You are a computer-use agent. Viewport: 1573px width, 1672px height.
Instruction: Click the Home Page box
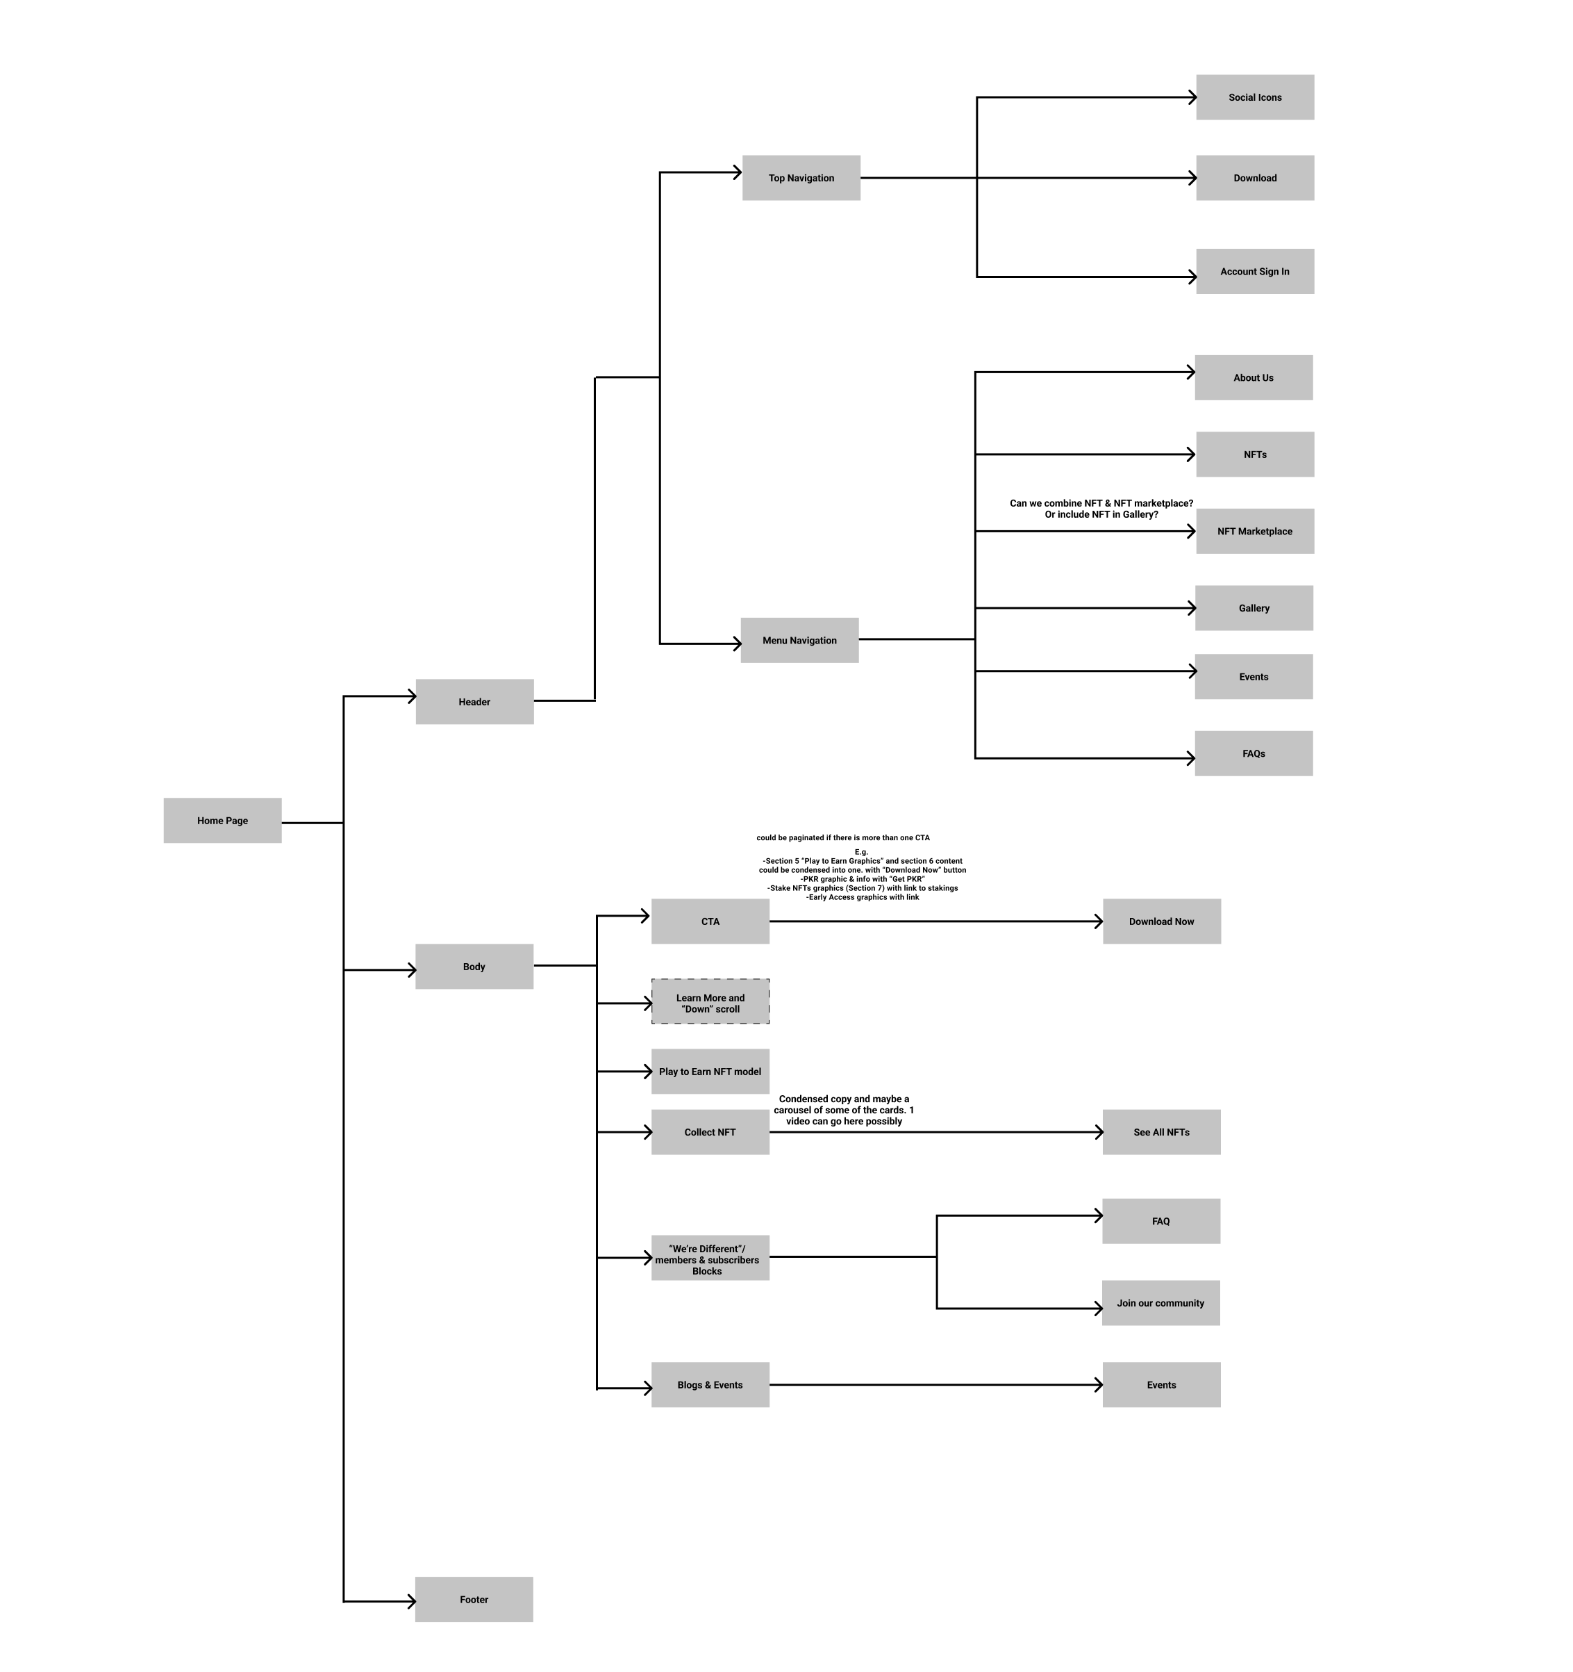tap(222, 820)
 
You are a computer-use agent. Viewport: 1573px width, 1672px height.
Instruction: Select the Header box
tap(474, 701)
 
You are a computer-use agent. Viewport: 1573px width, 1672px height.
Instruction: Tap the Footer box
tap(474, 1599)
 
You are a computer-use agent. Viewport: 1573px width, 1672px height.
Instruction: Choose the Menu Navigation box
tap(799, 640)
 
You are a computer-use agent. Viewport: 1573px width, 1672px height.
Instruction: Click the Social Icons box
tap(1254, 97)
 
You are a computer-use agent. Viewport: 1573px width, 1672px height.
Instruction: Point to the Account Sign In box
tap(1254, 271)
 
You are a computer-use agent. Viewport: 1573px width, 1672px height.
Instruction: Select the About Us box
tap(1253, 377)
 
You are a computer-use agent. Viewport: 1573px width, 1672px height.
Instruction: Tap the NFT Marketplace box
tap(1254, 531)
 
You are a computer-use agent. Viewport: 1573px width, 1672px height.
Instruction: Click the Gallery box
tap(1254, 607)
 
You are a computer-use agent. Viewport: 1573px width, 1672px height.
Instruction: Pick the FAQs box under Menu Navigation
tap(1253, 753)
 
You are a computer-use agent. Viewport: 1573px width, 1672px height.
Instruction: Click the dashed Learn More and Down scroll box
tap(710, 1001)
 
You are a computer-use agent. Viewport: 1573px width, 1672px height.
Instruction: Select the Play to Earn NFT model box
tap(710, 1071)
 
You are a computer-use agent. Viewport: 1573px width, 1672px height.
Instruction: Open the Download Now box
tap(1161, 921)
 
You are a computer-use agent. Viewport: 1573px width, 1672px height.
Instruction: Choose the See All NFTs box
tap(1161, 1131)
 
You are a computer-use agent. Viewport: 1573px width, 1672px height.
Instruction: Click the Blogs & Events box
tap(710, 1384)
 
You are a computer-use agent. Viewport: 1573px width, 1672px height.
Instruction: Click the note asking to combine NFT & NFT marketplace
tap(1101, 508)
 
